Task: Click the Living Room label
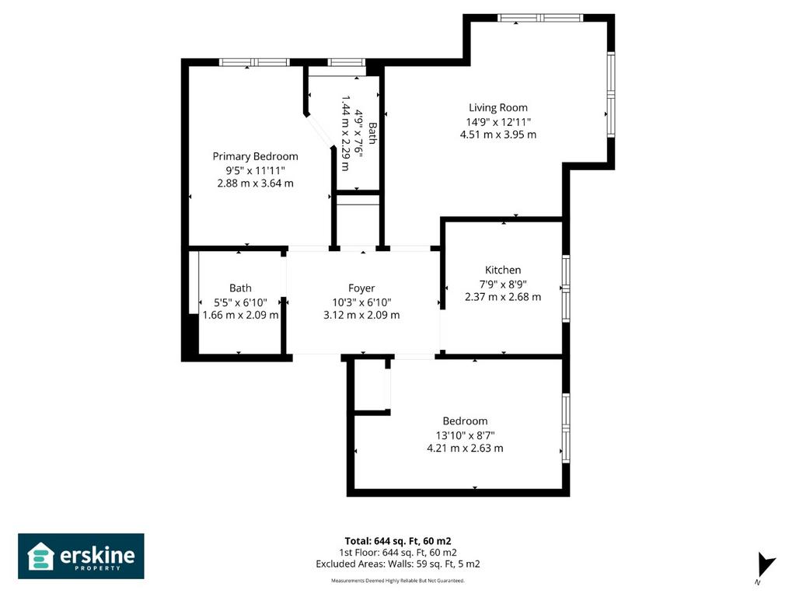coord(498,107)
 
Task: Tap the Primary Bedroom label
coord(255,156)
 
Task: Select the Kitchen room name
coord(503,270)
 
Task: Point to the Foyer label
coord(361,288)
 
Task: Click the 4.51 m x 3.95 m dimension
coord(498,134)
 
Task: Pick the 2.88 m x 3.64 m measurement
coord(255,183)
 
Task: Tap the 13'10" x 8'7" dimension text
coord(465,435)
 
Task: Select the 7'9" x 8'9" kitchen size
coord(503,285)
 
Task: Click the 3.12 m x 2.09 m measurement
coord(361,316)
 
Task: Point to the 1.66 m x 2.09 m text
coord(241,316)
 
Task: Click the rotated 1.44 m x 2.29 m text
coord(346,133)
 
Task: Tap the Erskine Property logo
coord(81,557)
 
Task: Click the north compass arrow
coord(766,565)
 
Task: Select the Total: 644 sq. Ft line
coord(398,541)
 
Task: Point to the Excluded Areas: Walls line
coord(398,564)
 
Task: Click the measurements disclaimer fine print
coord(398,581)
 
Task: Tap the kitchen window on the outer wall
coord(566,288)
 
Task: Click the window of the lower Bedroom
coord(566,428)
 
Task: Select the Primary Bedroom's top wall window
coord(254,62)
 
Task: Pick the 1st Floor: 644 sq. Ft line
coord(398,553)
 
